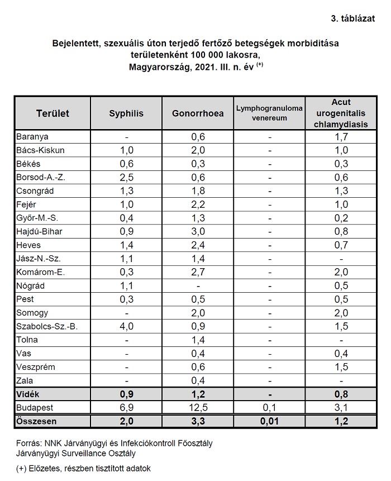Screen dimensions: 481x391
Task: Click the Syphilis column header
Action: (126, 113)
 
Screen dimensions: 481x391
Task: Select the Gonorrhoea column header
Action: (198, 113)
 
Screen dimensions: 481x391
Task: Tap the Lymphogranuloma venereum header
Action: (269, 113)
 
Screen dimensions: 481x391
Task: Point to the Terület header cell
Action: (53, 113)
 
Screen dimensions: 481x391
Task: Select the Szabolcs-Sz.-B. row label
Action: (46, 325)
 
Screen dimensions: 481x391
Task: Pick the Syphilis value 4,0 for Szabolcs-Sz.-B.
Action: (126, 325)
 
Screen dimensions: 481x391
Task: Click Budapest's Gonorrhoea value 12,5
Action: (198, 407)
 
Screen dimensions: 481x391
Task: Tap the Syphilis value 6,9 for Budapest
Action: (126, 407)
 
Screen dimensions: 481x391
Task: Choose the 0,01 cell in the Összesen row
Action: (269, 421)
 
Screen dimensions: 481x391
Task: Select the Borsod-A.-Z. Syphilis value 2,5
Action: (126, 177)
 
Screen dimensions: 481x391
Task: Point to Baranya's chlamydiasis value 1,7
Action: (341, 137)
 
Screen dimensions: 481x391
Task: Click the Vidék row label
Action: (30, 394)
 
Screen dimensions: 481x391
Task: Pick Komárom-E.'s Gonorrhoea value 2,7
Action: (198, 272)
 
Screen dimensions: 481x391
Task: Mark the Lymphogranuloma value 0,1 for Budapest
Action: (269, 407)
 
